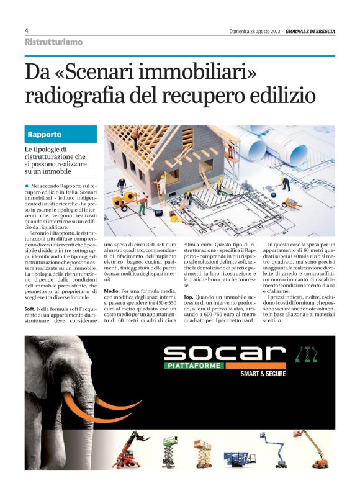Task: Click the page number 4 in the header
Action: (27, 30)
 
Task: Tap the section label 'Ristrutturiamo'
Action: (53, 42)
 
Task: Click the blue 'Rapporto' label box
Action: (61, 135)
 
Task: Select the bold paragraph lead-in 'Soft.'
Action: (30, 309)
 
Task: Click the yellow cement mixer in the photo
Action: (128, 201)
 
